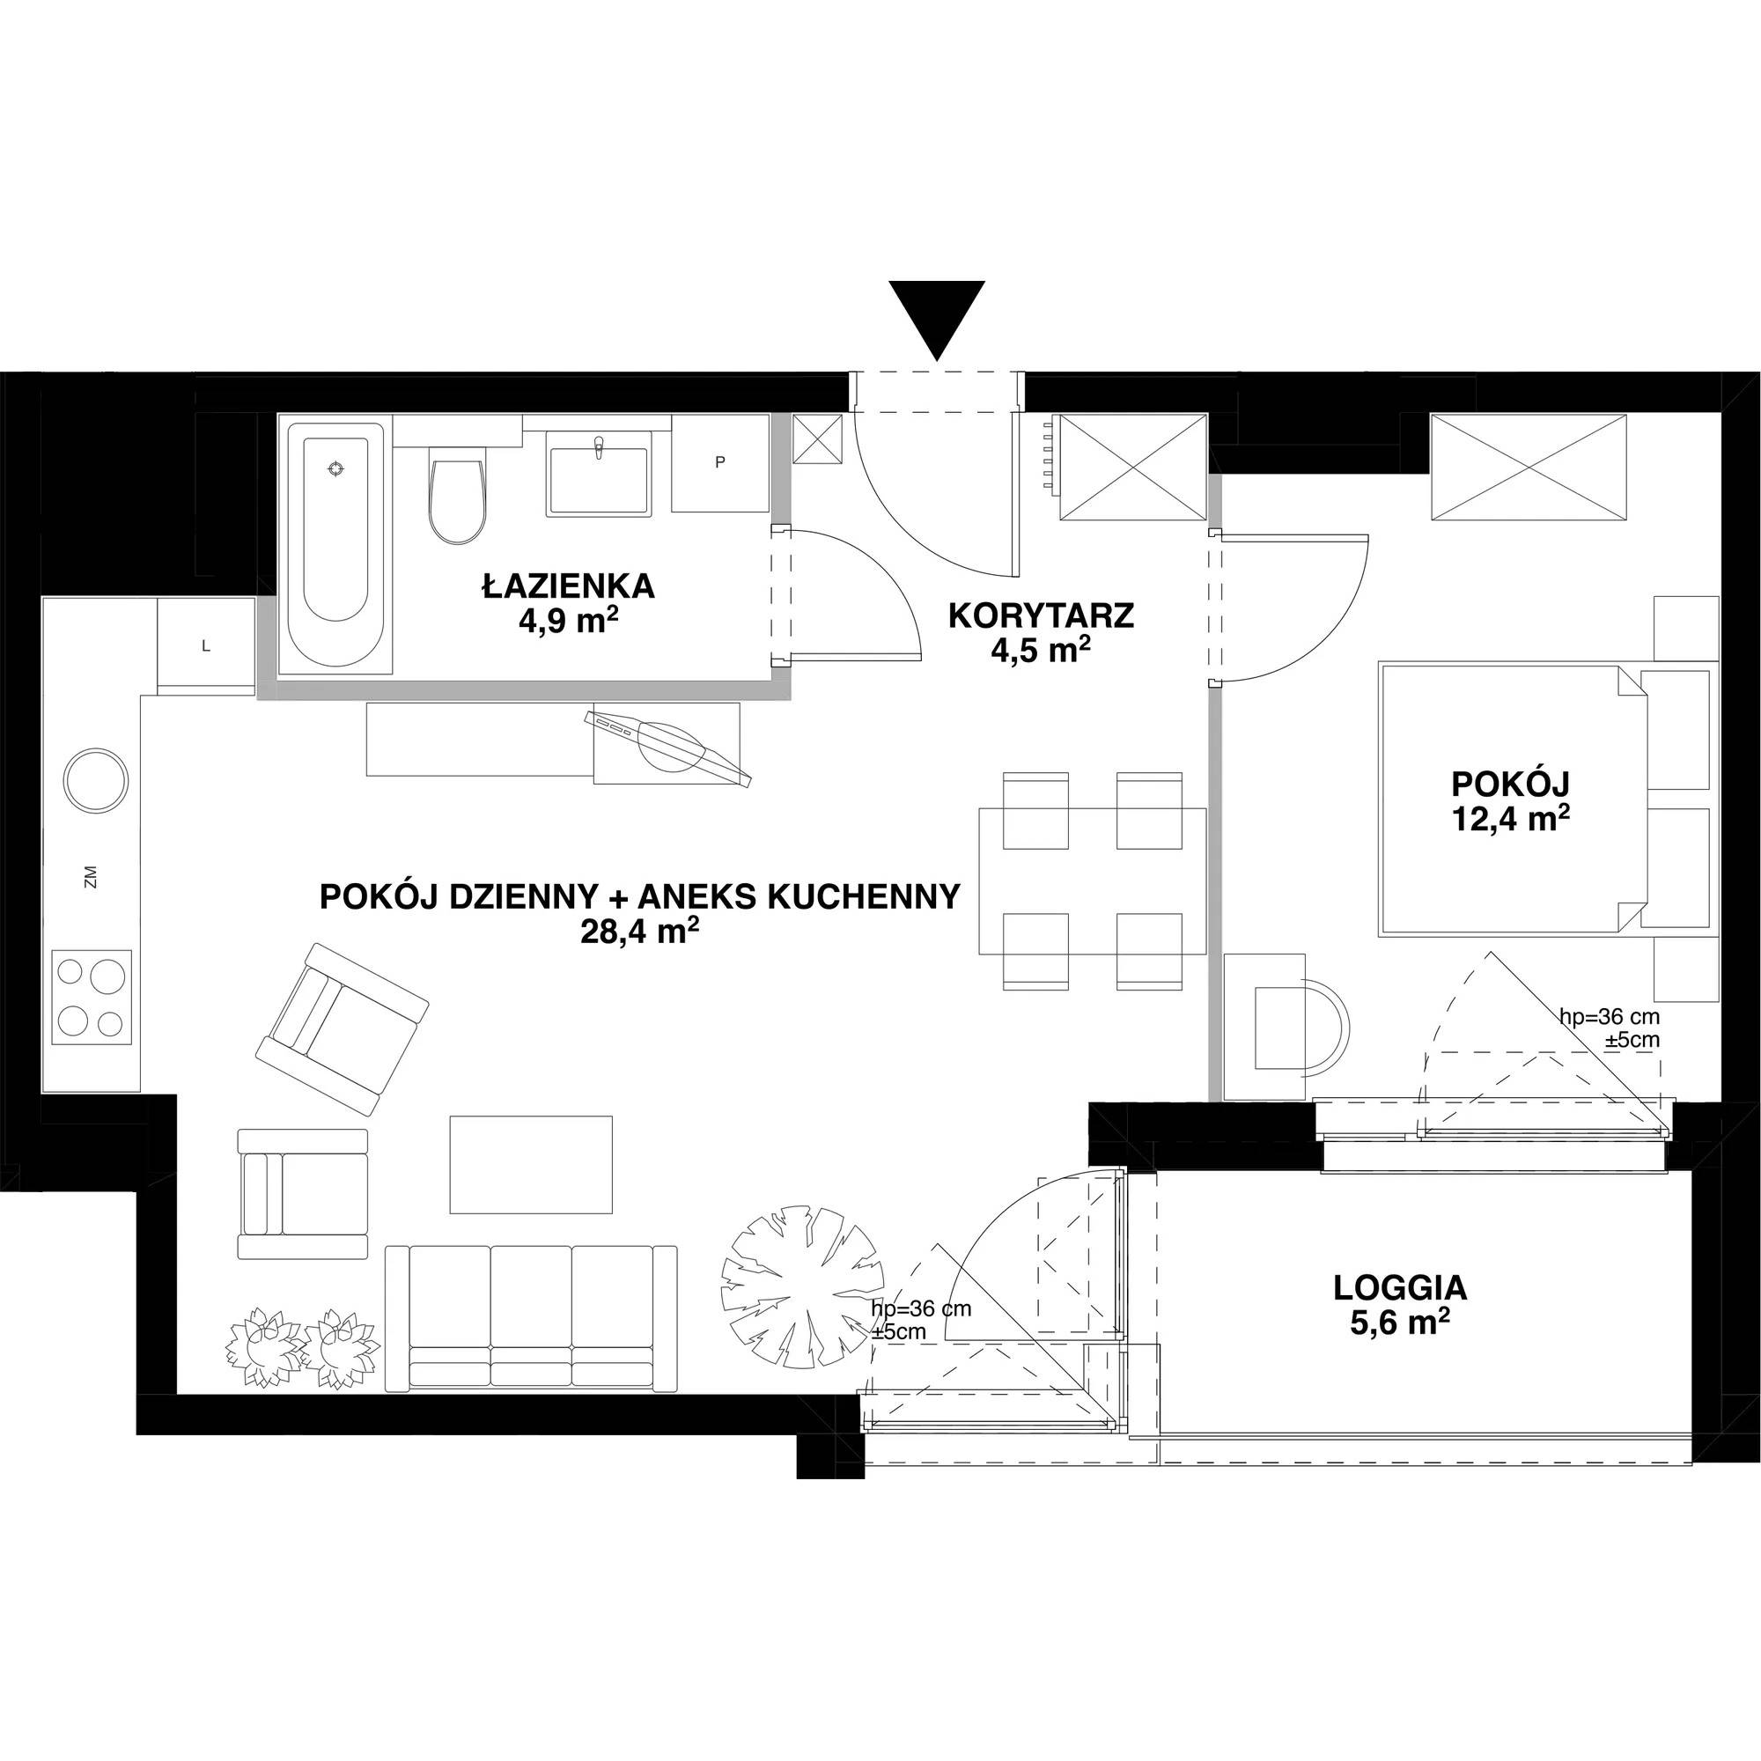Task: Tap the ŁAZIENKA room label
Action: (x=569, y=586)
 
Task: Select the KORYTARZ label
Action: (x=1041, y=616)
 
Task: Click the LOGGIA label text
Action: (x=1400, y=1288)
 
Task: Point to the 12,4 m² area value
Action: (x=1510, y=819)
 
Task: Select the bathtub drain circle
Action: (x=337, y=468)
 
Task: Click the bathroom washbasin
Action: (x=599, y=474)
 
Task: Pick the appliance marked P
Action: (x=720, y=462)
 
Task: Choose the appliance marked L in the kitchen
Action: (x=206, y=646)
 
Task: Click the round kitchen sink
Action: (x=96, y=781)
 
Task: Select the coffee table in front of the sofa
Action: (x=532, y=1165)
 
